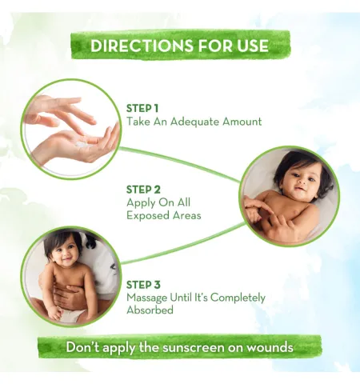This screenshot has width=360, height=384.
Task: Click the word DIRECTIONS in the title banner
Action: [x=142, y=46]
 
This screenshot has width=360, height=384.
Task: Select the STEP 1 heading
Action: [x=142, y=109]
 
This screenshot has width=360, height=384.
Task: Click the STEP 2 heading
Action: [x=143, y=190]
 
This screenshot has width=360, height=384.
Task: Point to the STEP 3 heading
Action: [x=143, y=285]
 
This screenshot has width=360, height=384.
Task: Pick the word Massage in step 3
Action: [x=146, y=298]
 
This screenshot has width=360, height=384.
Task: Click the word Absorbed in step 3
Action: [x=150, y=310]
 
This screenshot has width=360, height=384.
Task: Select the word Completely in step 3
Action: [x=238, y=298]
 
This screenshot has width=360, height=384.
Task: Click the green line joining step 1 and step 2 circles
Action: [x=180, y=163]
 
